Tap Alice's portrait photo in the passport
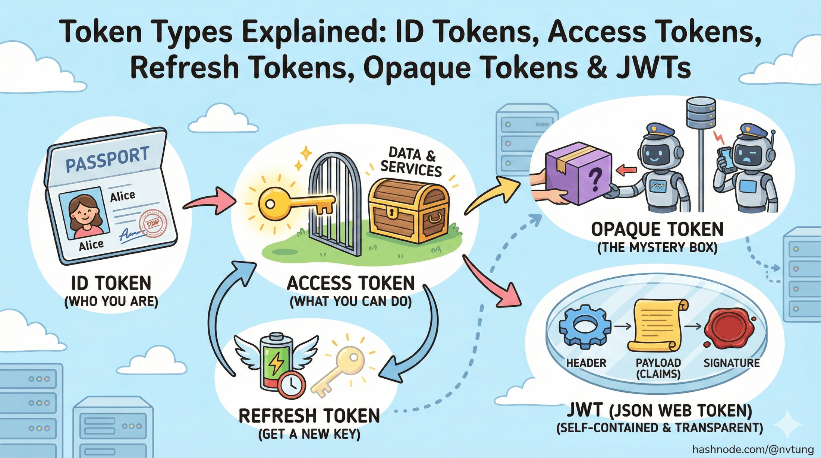[x=85, y=213]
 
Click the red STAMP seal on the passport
[x=152, y=223]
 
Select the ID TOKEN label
[x=111, y=283]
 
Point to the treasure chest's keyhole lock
[x=392, y=213]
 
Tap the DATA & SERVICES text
[x=411, y=162]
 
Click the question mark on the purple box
[x=595, y=179]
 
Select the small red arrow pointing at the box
[x=626, y=171]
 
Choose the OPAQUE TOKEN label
[x=657, y=230]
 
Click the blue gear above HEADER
[x=585, y=327]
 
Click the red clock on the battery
[x=291, y=385]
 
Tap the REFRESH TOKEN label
[x=309, y=416]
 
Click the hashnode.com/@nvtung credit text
[x=753, y=449]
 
